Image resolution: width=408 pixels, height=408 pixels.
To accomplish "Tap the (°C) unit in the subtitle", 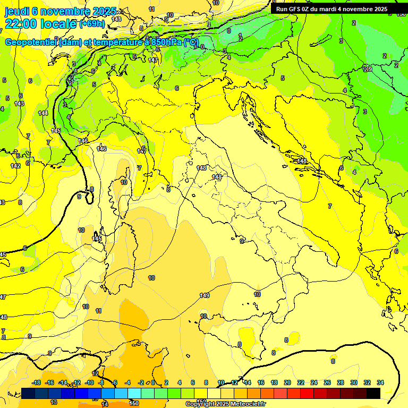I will [x=191, y=42].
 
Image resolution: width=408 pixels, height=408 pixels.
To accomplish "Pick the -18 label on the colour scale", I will [x=36, y=382].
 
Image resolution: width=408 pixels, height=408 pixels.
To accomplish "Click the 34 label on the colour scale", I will [x=380, y=382].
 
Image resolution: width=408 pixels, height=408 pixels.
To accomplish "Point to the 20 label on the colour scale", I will [x=287, y=382].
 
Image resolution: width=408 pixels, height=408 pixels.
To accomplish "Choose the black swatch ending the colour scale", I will [x=373, y=393].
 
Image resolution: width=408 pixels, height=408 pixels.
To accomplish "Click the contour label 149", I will [x=205, y=296].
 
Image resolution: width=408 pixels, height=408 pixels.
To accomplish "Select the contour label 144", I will [x=43, y=113].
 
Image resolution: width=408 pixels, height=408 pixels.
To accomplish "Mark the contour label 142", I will [x=15, y=166].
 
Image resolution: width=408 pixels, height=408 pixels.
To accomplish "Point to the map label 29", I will [x=368, y=70].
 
